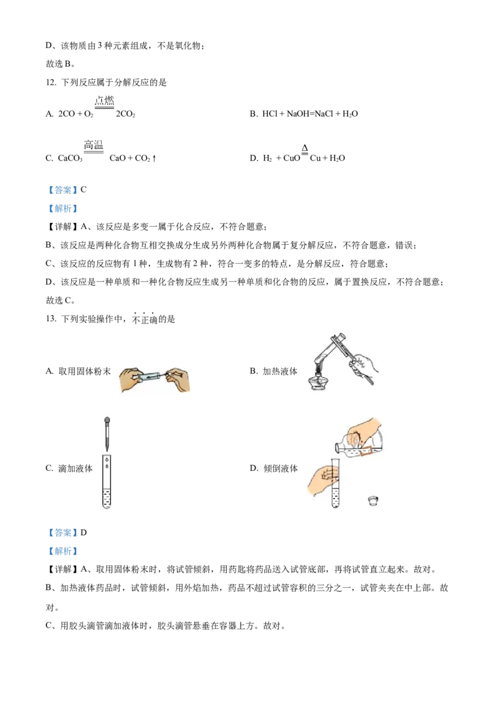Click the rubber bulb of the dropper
107,422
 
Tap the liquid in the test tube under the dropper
107,498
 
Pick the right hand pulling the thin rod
180,381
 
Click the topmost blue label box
62,189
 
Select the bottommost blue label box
62,551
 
